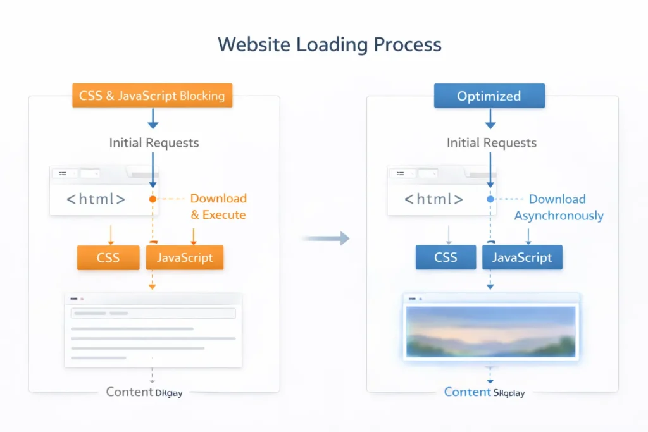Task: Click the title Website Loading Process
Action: (329, 45)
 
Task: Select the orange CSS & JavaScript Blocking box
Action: (152, 96)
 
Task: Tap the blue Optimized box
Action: (489, 96)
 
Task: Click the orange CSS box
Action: (108, 257)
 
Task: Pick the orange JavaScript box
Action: (185, 257)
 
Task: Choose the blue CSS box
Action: (445, 257)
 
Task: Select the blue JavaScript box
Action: (522, 257)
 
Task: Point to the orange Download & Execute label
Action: (218, 207)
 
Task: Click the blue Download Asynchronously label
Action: (558, 207)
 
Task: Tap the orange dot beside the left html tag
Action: (153, 199)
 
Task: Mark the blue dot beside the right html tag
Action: (490, 199)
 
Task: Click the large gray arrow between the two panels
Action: (326, 238)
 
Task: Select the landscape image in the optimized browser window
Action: (491, 332)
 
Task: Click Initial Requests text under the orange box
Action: (154, 142)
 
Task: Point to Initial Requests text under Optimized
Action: (492, 142)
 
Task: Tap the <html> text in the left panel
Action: (96, 199)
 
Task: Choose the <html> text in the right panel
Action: (434, 199)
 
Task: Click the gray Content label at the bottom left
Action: (129, 392)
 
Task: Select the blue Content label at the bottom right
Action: (467, 392)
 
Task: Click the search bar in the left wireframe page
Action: (153, 313)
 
